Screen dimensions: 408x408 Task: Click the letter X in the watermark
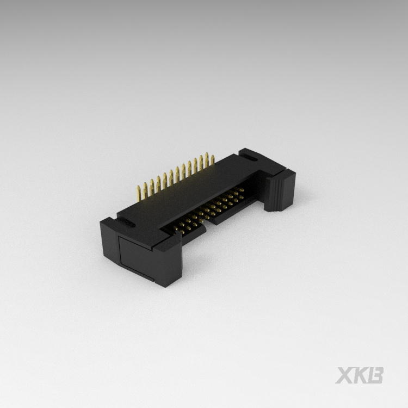345,375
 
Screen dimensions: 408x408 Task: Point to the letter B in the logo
376,375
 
